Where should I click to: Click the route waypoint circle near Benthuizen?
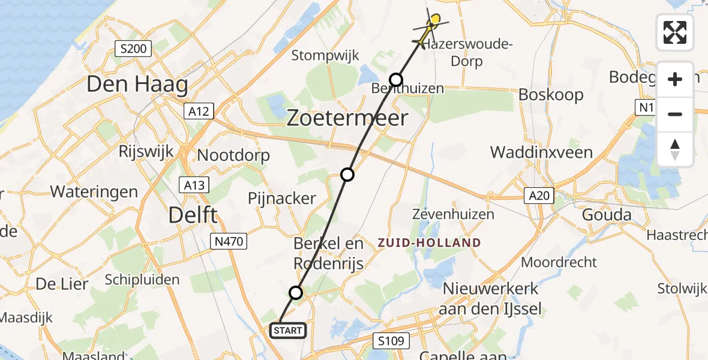click(396, 79)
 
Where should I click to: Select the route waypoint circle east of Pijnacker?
click(347, 175)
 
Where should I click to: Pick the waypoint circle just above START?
click(296, 293)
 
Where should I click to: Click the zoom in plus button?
click(675, 79)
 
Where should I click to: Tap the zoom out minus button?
click(675, 114)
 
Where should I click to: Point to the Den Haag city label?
click(137, 84)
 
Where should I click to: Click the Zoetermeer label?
click(347, 118)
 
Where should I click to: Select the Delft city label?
click(193, 214)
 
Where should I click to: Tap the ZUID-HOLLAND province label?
click(429, 243)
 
